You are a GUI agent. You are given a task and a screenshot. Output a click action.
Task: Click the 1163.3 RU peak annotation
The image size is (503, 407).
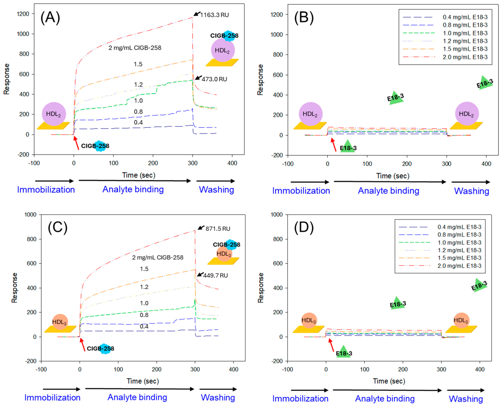click(214, 15)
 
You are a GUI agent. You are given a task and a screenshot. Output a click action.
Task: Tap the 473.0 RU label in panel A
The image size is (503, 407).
click(214, 79)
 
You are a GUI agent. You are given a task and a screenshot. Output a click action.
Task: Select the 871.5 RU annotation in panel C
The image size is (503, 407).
click(218, 228)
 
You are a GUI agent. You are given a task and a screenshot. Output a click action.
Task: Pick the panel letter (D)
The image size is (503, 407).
click(304, 227)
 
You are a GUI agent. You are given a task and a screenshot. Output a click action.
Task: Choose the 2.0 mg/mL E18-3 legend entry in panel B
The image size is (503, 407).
click(445, 57)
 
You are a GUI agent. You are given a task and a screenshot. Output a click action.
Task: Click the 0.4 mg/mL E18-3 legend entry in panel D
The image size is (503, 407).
click(440, 227)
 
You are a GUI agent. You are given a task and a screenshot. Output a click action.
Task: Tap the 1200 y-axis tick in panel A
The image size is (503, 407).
click(23, 14)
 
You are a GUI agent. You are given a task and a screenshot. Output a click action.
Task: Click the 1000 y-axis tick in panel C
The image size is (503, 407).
click(31, 214)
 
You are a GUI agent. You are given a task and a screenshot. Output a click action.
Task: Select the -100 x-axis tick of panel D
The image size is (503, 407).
click(287, 369)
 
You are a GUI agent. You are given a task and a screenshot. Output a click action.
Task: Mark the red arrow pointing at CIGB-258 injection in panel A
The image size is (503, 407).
click(76, 143)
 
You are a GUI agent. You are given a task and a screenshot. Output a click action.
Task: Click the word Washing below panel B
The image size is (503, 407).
click(472, 191)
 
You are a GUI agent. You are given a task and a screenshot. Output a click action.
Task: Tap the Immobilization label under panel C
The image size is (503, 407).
click(52, 398)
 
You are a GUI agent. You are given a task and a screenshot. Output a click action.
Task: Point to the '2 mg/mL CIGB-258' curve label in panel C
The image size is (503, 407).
click(157, 257)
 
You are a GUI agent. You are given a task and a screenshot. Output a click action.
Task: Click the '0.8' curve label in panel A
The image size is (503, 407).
click(138, 112)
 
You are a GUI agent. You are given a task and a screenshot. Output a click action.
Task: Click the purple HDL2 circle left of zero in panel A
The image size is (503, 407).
click(54, 114)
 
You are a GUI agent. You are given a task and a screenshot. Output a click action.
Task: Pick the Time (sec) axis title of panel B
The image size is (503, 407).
click(393, 176)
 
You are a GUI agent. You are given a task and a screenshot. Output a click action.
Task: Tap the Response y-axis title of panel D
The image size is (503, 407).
click(260, 288)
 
